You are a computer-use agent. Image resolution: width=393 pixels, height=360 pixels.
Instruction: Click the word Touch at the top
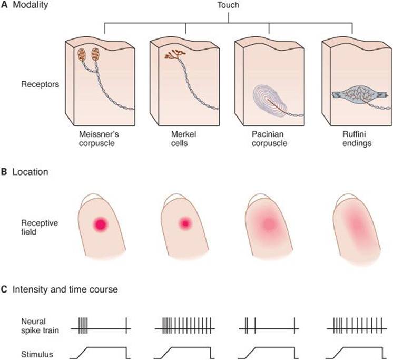[x=228, y=5]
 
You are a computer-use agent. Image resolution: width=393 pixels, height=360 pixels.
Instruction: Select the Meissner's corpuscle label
[x=99, y=139]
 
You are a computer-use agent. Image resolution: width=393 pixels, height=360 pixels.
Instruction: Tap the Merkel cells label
[x=183, y=139]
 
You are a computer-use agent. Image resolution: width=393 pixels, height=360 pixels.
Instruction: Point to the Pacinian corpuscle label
[x=269, y=139]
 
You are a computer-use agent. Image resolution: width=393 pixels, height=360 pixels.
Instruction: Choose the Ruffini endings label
[x=357, y=139]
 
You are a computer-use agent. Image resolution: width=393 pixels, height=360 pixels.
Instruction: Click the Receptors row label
[x=40, y=84]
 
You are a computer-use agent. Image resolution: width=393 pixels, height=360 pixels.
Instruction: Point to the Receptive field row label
[x=40, y=227]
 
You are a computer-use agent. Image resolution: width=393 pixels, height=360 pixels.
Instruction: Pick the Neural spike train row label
[x=40, y=326]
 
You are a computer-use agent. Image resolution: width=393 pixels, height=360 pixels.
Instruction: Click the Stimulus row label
[x=37, y=355]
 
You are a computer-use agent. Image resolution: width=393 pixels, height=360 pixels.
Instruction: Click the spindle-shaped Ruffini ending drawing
[x=358, y=95]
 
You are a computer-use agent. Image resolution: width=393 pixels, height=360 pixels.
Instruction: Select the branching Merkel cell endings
[x=175, y=54]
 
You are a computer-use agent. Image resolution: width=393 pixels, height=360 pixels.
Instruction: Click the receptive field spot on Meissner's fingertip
[x=101, y=224]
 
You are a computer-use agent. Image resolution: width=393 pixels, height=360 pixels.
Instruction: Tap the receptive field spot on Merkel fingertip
[x=185, y=223]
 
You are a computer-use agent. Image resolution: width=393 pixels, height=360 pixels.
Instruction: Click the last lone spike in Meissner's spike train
[x=126, y=325]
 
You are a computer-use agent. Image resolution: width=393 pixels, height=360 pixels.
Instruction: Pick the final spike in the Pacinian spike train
[x=295, y=325]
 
